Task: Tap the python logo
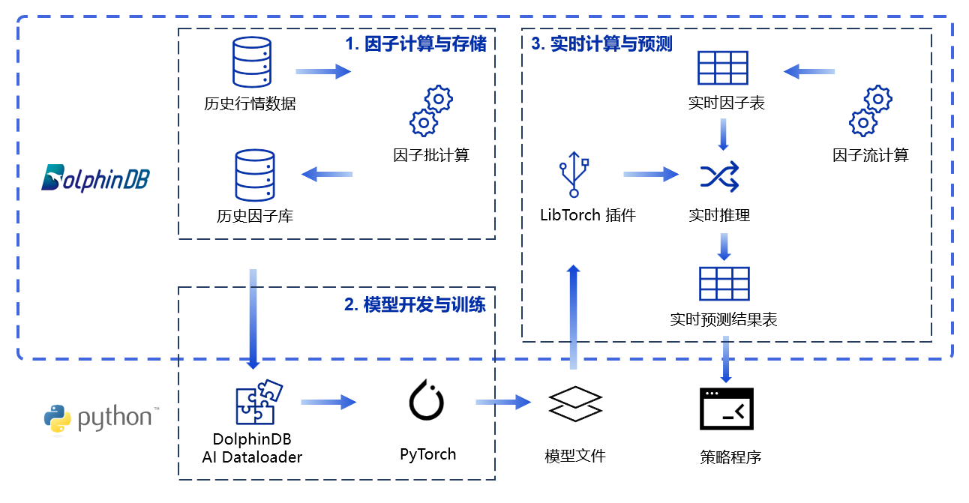(x=100, y=418)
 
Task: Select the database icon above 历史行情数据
(x=250, y=63)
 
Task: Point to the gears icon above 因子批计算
(x=431, y=110)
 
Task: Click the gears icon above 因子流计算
(x=871, y=110)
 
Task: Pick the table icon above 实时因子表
(x=723, y=68)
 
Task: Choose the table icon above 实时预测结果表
(x=724, y=284)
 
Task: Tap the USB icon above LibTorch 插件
(x=574, y=175)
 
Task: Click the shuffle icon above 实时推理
(x=719, y=176)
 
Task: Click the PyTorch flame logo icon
(x=428, y=400)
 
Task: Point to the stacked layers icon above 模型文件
(x=575, y=405)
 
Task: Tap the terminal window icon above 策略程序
(x=726, y=409)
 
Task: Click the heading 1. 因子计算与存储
(x=415, y=44)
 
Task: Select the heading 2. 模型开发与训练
(x=415, y=304)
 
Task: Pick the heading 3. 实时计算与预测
(x=602, y=43)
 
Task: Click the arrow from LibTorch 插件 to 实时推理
(x=650, y=175)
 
